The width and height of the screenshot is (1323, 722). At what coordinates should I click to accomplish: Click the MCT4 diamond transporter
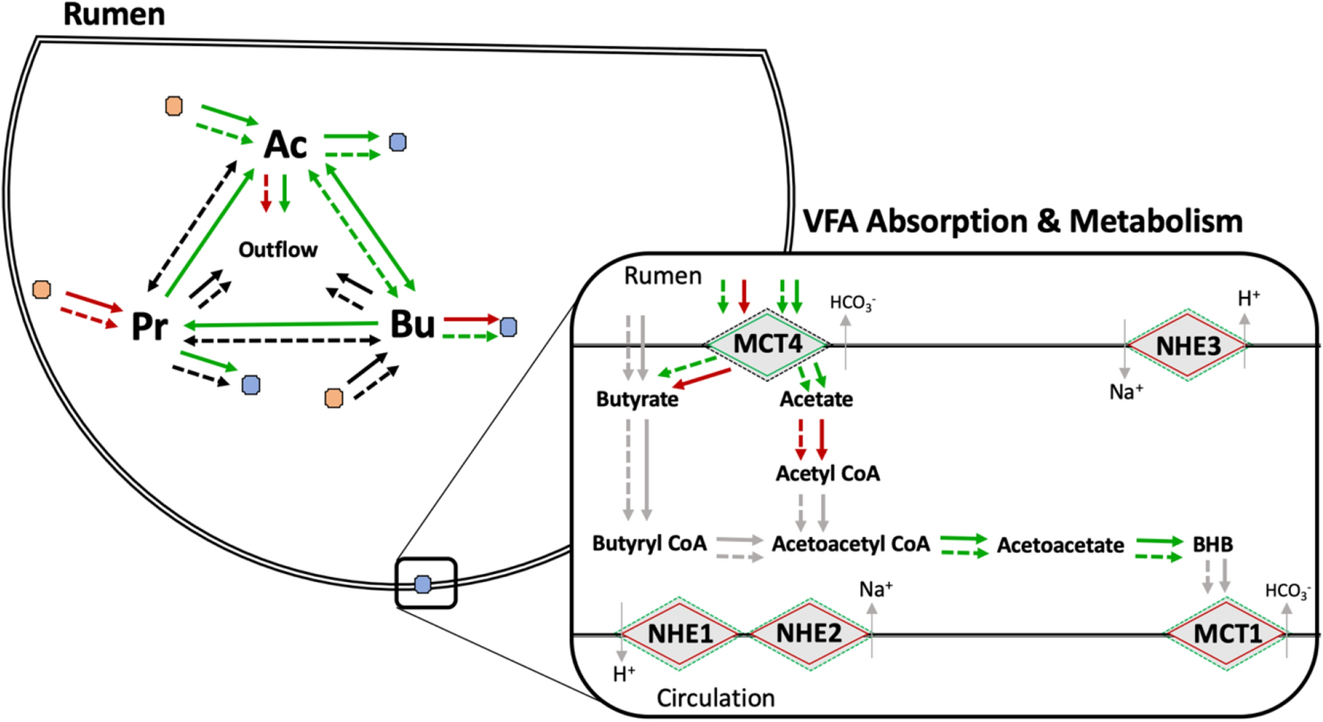pos(767,344)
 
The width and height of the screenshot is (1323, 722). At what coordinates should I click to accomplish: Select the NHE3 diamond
pos(1188,346)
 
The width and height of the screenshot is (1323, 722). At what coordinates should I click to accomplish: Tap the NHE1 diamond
pos(680,633)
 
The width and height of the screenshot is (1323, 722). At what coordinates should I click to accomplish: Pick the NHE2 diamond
pos(809,633)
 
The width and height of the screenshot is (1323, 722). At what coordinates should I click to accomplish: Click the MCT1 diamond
pos(1227,634)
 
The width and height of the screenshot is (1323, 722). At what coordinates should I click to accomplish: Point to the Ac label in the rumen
pos(285,145)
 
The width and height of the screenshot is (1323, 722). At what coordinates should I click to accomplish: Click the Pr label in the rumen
pos(150,326)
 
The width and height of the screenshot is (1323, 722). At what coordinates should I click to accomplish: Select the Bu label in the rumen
pos(412,324)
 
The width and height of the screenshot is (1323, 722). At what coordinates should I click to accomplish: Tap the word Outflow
pos(278,250)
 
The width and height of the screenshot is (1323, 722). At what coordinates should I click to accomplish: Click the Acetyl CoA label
pos(827,474)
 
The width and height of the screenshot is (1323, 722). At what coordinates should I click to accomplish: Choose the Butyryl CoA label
pos(649,544)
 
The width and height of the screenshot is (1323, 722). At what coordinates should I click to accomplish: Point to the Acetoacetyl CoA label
pos(850,544)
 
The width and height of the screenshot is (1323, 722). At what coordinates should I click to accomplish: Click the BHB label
pos(1212,544)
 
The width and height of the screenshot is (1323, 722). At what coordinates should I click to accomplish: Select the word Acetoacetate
pos(1060,546)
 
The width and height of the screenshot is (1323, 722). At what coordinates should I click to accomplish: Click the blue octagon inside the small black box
pos(423,584)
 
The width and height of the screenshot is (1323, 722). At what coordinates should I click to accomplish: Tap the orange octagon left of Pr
pos(42,289)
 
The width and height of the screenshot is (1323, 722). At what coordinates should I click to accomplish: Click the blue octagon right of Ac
pos(398,142)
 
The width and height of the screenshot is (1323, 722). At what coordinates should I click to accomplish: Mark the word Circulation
pos(715,698)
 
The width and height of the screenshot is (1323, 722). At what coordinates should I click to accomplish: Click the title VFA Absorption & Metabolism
pos(1023,222)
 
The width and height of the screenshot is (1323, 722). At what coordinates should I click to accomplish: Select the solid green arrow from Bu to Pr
pos(280,324)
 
